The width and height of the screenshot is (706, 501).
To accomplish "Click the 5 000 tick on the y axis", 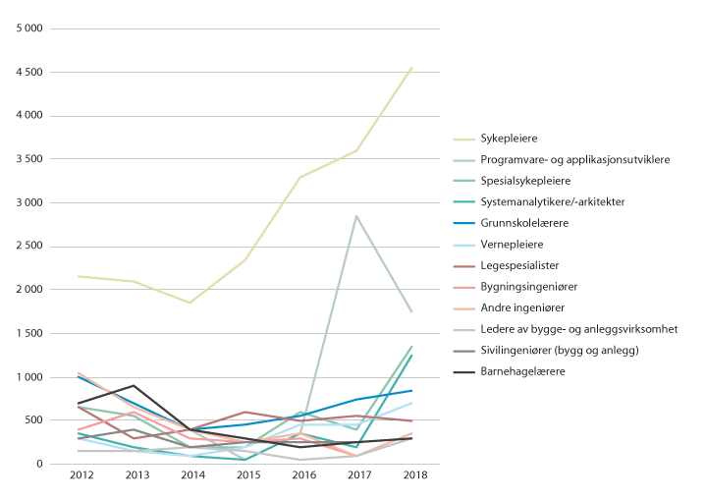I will [x=28, y=28].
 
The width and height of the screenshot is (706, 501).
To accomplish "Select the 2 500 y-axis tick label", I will [x=28, y=247].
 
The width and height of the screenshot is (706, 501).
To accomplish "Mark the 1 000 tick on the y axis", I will [x=28, y=377].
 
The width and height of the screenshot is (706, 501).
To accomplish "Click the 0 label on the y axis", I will [x=38, y=465].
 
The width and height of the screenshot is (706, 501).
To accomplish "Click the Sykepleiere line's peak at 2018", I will [x=411, y=68].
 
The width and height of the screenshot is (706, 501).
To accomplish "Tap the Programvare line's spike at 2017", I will [x=356, y=216].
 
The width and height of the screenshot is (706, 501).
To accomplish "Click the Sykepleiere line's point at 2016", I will [x=300, y=177].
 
